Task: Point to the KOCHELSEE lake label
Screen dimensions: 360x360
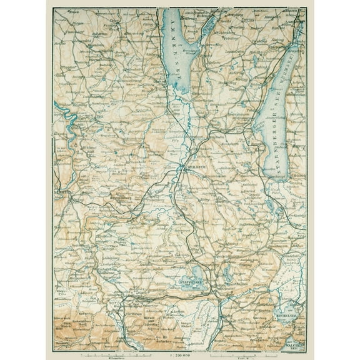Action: click(286, 316)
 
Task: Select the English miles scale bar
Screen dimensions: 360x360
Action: click(250, 353)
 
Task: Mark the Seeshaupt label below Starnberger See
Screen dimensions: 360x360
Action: click(279, 178)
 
